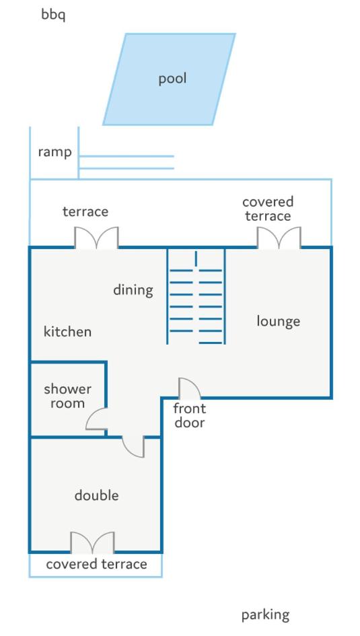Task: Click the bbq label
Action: [53, 15]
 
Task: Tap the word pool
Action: [172, 78]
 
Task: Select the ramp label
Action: [55, 152]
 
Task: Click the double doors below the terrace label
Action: [96, 238]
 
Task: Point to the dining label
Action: [133, 290]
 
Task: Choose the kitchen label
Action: [67, 331]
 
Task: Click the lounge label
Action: [278, 321]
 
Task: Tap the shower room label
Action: [67, 396]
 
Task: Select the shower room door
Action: [96, 419]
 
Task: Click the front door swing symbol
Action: [189, 388]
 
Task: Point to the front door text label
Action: [189, 415]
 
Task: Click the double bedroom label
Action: [96, 495]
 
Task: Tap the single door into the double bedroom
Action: [133, 447]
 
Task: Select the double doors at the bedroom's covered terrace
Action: [92, 542]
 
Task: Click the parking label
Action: [266, 615]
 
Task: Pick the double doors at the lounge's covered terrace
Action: [279, 238]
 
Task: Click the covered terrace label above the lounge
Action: [268, 209]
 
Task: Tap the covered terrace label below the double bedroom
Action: [96, 564]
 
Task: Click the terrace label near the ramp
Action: [85, 211]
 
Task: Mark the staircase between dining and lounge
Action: [196, 297]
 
